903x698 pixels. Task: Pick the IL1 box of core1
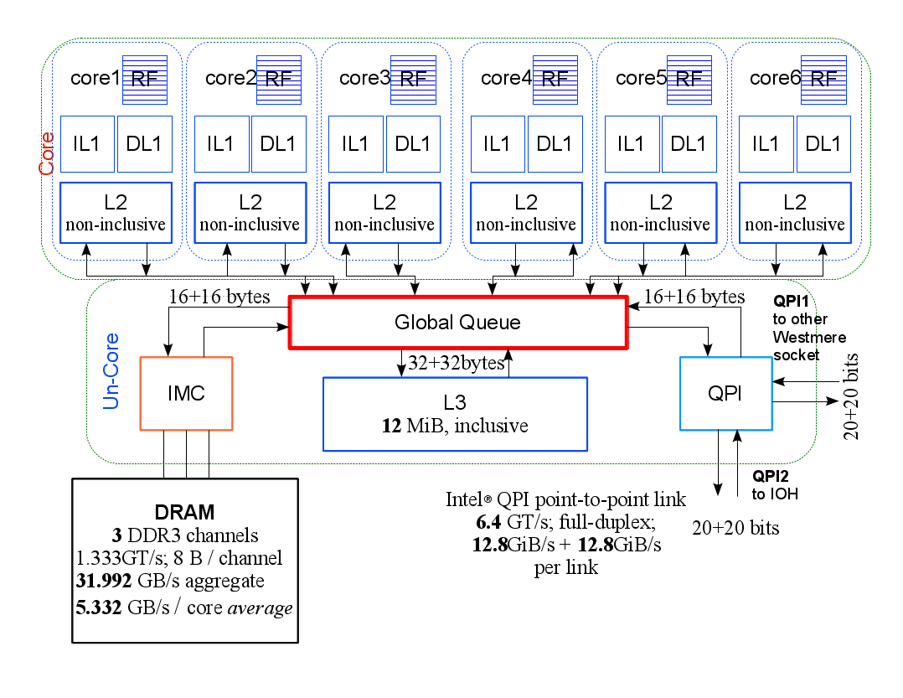point(87,144)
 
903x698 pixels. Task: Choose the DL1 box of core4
point(555,144)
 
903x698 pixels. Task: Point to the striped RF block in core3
point(413,80)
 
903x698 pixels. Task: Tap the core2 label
point(230,78)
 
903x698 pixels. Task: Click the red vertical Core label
point(46,153)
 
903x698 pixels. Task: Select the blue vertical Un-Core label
point(111,371)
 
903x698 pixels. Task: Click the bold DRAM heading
point(184,512)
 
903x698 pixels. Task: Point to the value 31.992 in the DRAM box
point(104,581)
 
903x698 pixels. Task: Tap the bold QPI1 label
point(791,301)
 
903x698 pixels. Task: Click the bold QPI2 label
point(770,476)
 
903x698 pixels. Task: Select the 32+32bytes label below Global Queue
point(456,363)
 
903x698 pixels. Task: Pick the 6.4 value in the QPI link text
point(488,522)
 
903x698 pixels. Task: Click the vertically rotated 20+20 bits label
point(850,396)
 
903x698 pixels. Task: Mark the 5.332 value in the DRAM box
point(99,608)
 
